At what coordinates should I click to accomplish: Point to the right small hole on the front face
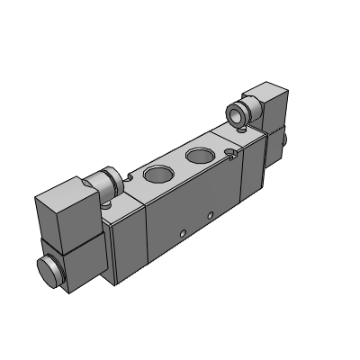tap(211, 216)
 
